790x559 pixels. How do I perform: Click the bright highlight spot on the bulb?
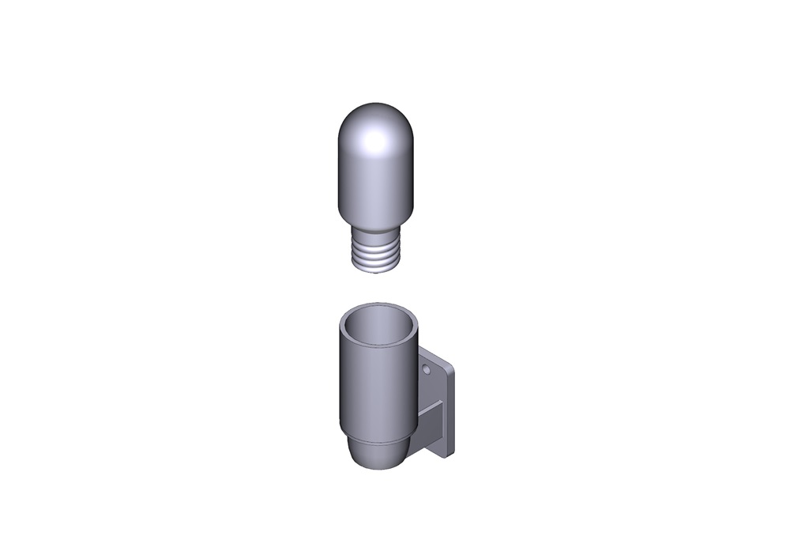pos(374,142)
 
